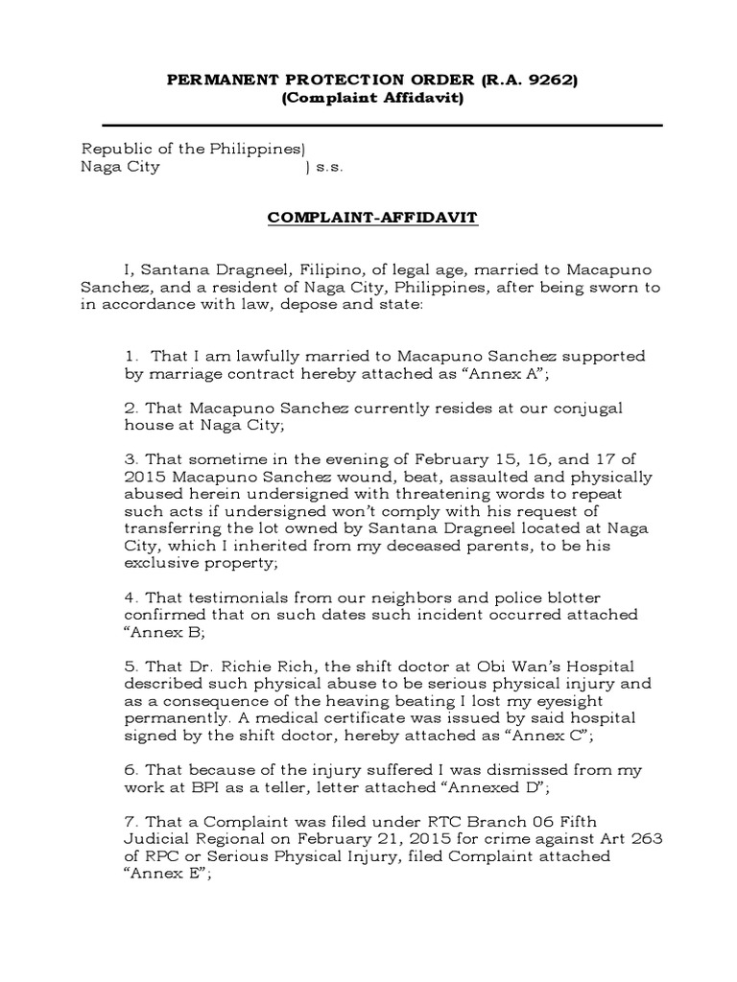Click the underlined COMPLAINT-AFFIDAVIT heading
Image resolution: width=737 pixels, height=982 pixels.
click(371, 218)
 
